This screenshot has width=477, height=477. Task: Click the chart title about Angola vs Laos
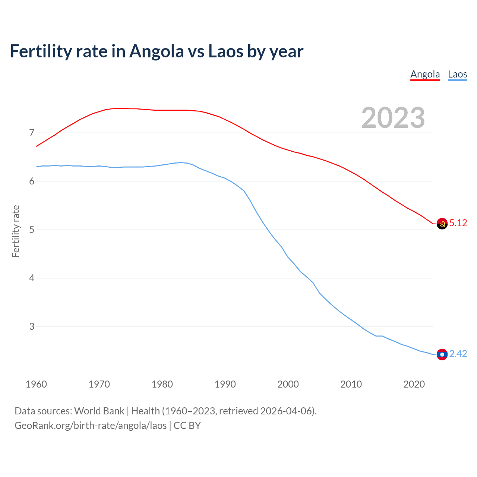[157, 51]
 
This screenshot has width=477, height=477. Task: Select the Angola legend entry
[425, 74]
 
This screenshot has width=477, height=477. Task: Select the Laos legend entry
[457, 74]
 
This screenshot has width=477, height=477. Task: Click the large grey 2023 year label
[393, 118]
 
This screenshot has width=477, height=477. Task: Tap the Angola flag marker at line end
[442, 224]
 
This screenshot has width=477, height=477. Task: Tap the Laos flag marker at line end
[442, 354]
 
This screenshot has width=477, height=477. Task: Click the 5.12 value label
[458, 223]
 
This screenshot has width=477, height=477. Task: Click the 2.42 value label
[458, 354]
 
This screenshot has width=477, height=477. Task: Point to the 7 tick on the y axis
[31, 133]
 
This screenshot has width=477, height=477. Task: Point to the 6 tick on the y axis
[31, 181]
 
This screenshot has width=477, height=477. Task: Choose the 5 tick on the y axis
[31, 230]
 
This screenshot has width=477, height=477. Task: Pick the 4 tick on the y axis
[31, 278]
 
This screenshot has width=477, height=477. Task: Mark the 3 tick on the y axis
[31, 327]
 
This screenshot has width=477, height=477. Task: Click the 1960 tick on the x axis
[36, 384]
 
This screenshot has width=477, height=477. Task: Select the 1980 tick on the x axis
[162, 384]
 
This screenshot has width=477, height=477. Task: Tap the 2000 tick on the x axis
[288, 384]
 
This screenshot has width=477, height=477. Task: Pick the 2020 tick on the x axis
[414, 384]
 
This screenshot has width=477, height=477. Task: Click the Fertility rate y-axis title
[16, 231]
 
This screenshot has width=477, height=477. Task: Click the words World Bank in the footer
[99, 411]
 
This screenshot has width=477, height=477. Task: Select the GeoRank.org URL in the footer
[91, 426]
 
